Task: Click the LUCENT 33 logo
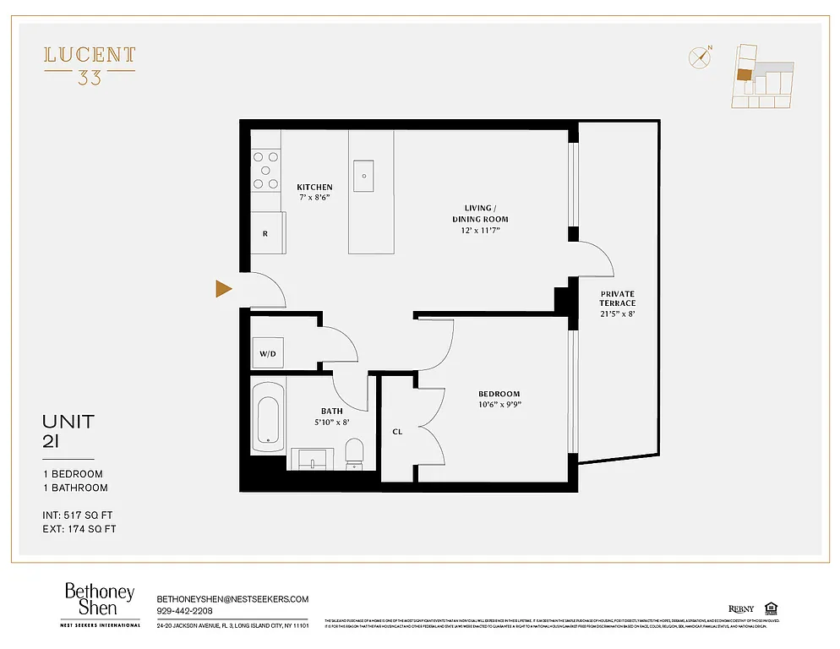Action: (90, 65)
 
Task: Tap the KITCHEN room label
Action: (314, 187)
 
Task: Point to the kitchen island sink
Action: (366, 176)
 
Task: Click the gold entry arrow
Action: (224, 289)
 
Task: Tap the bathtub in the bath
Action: (269, 419)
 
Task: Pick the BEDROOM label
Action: (499, 394)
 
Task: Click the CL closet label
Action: (397, 432)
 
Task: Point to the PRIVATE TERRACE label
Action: (618, 297)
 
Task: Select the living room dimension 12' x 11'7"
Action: (485, 230)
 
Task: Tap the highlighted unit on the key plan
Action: (743, 74)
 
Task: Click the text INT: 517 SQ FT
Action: (79, 513)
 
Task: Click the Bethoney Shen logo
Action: (100, 602)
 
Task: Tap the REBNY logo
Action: (740, 608)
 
